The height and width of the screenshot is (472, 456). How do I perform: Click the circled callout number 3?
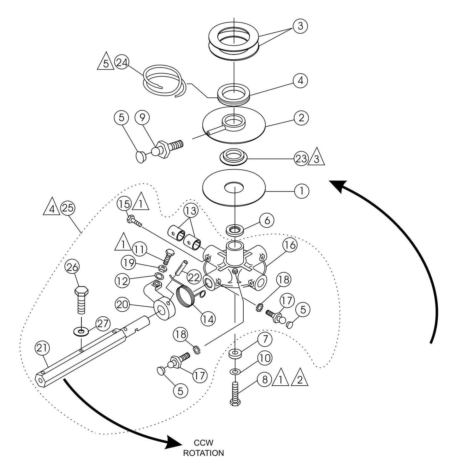click(300, 26)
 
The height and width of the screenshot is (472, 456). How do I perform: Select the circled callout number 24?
click(122, 63)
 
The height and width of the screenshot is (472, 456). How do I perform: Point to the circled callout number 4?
click(300, 81)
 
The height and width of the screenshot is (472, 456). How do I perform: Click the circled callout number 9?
click(142, 118)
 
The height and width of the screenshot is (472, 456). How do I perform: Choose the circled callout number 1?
click(301, 191)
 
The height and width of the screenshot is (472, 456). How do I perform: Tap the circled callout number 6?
click(267, 221)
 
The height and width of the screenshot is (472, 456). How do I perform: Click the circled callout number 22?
click(193, 277)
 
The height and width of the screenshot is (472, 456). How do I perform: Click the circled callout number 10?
click(265, 358)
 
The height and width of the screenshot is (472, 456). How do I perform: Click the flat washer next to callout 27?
click(81, 331)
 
